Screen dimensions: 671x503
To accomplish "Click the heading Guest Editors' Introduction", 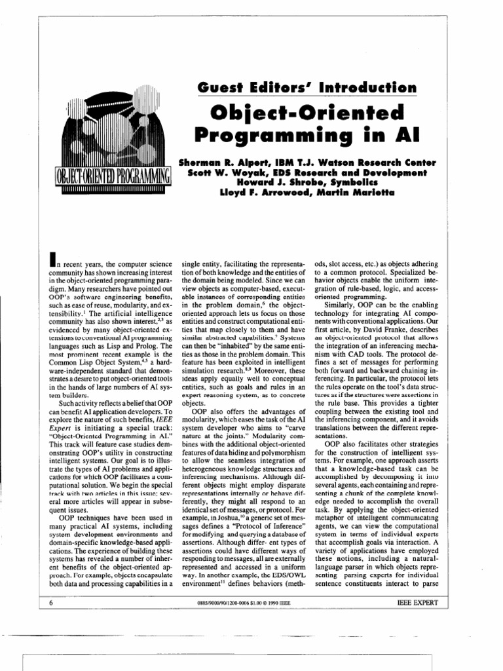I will [x=306, y=87].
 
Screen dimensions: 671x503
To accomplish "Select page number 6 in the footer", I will [x=52, y=601].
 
